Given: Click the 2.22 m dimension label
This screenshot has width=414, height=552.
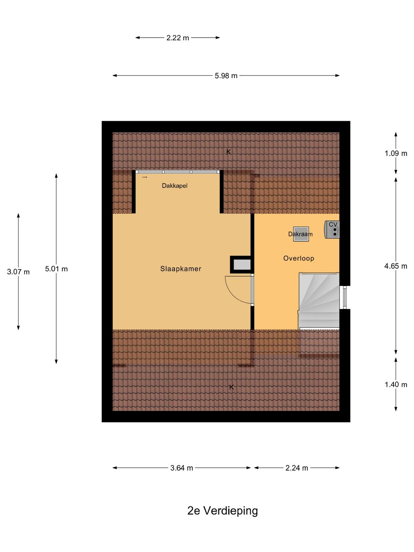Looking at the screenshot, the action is [x=177, y=38].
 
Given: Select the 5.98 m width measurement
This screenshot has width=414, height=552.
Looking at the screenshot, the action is [x=226, y=76].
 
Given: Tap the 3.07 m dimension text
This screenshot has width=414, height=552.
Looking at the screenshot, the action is [x=18, y=272].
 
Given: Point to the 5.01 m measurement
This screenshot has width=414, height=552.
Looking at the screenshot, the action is [x=56, y=269].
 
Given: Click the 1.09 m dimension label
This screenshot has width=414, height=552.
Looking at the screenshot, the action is [x=396, y=153].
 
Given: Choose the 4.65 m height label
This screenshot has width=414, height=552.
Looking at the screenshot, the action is [x=396, y=266].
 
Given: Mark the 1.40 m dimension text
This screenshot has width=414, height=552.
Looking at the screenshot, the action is [x=396, y=384].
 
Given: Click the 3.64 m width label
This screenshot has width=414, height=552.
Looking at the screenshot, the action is [x=181, y=468].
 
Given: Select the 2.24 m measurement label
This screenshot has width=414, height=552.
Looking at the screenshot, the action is [x=297, y=468].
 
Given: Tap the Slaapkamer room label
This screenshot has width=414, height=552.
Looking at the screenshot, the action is [x=181, y=269].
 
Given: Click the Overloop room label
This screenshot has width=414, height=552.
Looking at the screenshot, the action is [x=299, y=258].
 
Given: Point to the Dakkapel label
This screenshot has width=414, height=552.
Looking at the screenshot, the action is [x=175, y=186].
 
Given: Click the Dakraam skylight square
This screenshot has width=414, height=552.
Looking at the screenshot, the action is [x=301, y=234].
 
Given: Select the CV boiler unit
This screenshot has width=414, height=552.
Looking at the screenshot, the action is [x=332, y=229].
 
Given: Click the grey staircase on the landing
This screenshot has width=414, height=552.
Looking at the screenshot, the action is [x=319, y=301].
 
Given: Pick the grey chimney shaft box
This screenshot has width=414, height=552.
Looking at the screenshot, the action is [x=241, y=264].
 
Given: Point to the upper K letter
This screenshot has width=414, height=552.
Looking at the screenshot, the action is [x=228, y=152].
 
